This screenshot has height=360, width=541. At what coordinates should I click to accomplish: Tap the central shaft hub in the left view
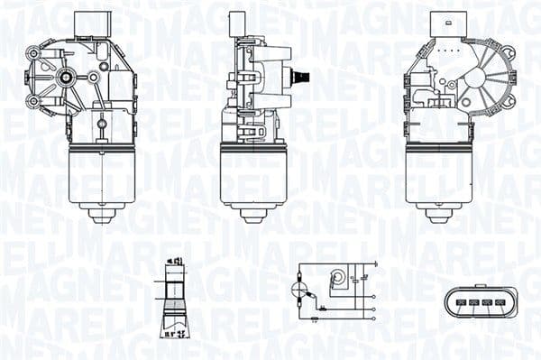pos(67,78)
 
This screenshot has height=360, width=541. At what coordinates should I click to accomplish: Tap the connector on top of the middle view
pos(239,24)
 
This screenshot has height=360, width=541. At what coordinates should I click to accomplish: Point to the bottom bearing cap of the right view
pos(439,214)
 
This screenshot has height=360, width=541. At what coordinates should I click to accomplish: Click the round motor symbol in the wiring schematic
pos(340,279)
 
